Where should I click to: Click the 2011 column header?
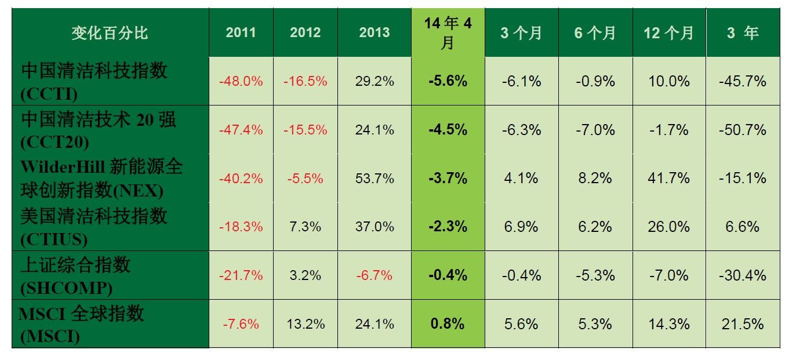click(x=241, y=33)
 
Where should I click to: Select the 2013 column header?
click(x=374, y=33)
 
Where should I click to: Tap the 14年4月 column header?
click(x=448, y=33)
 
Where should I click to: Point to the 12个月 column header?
click(x=668, y=33)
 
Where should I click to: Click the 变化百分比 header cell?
click(x=110, y=33)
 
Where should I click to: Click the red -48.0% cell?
click(x=241, y=81)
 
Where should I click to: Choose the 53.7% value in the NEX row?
click(x=374, y=178)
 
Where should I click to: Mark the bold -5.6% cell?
click(x=448, y=81)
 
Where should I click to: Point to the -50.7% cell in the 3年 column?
click(x=742, y=130)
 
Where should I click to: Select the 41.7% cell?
click(x=668, y=178)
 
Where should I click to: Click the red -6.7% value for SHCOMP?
click(x=374, y=275)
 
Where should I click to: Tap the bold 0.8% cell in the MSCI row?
click(x=448, y=323)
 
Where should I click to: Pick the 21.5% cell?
click(x=742, y=323)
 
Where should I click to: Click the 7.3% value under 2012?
click(x=305, y=227)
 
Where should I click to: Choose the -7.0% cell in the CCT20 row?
click(x=595, y=130)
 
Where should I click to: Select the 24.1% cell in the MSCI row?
click(x=374, y=323)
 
